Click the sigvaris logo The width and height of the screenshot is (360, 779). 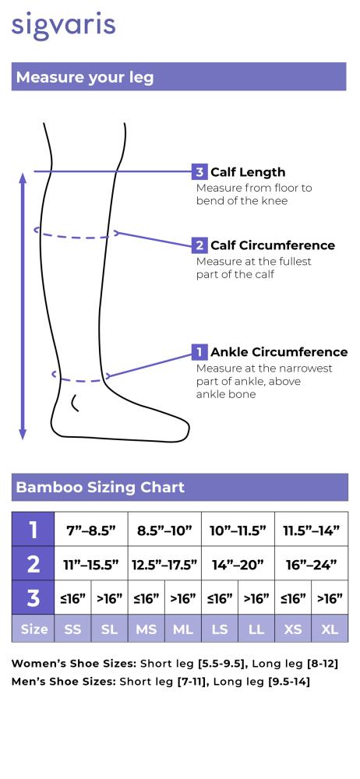pyautogui.click(x=63, y=26)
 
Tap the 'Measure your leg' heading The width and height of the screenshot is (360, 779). pyautogui.click(x=85, y=77)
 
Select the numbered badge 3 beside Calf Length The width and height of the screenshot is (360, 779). pyautogui.click(x=199, y=172)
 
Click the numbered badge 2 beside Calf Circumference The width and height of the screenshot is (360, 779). pyautogui.click(x=199, y=245)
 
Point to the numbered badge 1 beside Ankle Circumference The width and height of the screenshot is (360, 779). pyautogui.click(x=199, y=352)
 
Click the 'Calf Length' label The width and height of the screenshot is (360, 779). pyautogui.click(x=248, y=172)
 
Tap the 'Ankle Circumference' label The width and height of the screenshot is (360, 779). pyautogui.click(x=279, y=352)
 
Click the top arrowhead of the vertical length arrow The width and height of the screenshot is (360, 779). pyautogui.click(x=23, y=177)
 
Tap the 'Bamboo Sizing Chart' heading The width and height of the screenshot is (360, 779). pyautogui.click(x=100, y=487)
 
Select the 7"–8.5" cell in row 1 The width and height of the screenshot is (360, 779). pyautogui.click(x=91, y=530)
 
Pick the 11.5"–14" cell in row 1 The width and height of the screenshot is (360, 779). pyautogui.click(x=311, y=530)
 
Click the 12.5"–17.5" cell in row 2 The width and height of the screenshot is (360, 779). pyautogui.click(x=164, y=564)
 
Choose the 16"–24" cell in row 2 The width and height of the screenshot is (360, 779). pyautogui.click(x=311, y=564)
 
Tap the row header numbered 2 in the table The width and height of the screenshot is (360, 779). pyautogui.click(x=33, y=564)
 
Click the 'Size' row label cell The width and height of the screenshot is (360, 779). pyautogui.click(x=33, y=629)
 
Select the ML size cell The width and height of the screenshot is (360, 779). pyautogui.click(x=183, y=629)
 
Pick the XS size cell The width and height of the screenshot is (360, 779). pyautogui.click(x=293, y=629)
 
